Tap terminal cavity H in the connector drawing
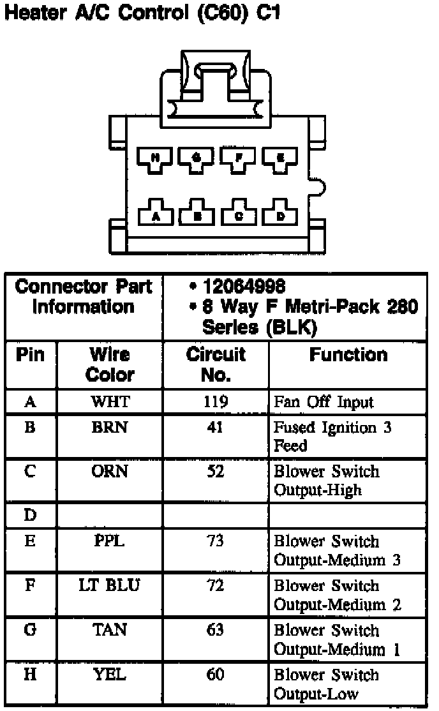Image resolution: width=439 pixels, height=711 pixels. pyautogui.click(x=156, y=157)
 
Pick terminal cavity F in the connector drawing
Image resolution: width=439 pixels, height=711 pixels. pyautogui.click(x=238, y=157)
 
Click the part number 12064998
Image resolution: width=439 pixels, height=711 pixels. pyautogui.click(x=243, y=287)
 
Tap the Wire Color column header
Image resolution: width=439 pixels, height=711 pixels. pyautogui.click(x=110, y=364)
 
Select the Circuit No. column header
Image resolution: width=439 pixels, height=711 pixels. pyautogui.click(x=216, y=364)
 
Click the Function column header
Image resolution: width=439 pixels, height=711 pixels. pyautogui.click(x=348, y=355)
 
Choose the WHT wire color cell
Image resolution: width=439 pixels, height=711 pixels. pyautogui.click(x=110, y=402)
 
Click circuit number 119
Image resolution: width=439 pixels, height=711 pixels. pyautogui.click(x=216, y=402)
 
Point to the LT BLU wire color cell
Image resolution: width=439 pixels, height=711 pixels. pyautogui.click(x=110, y=585)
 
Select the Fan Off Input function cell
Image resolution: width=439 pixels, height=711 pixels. pyautogui.click(x=324, y=403)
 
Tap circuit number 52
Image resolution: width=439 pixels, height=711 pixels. pyautogui.click(x=216, y=472)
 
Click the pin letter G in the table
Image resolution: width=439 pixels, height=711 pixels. pyautogui.click(x=30, y=630)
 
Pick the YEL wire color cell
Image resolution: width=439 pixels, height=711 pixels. pyautogui.click(x=110, y=675)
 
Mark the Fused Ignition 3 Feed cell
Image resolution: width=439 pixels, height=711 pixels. pyautogui.click(x=332, y=437)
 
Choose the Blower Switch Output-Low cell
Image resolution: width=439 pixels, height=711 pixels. pyautogui.click(x=326, y=684)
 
